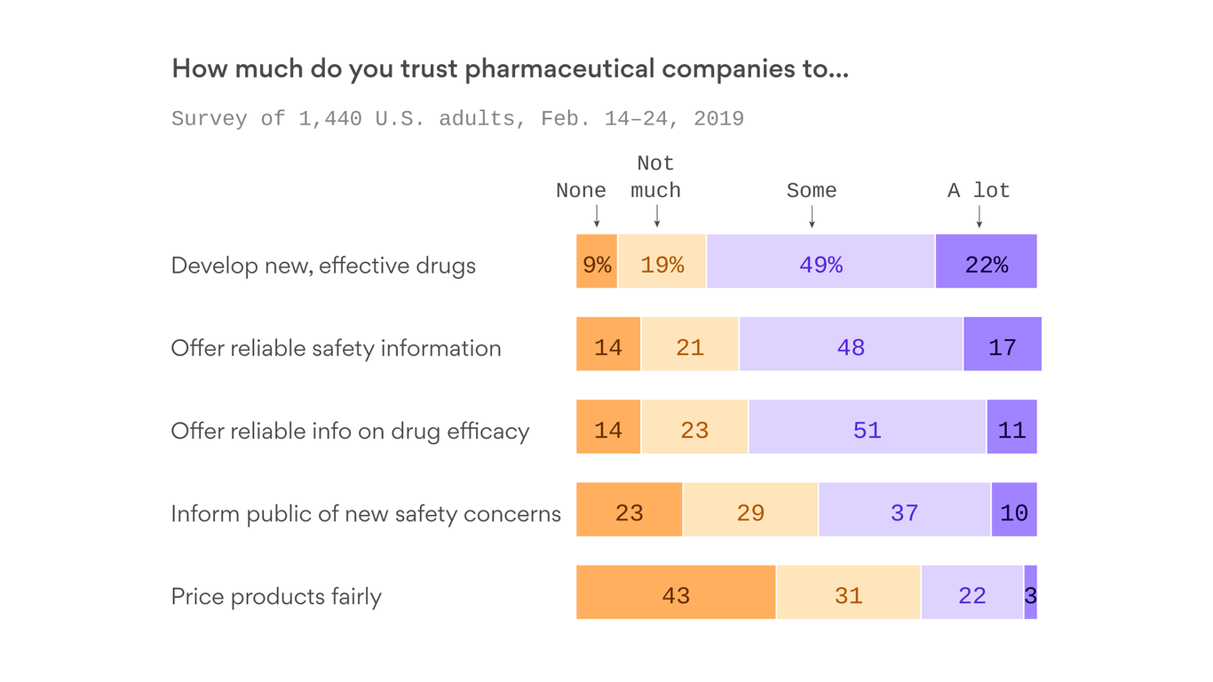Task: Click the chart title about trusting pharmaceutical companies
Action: pos(510,69)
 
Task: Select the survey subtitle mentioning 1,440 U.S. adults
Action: pos(457,119)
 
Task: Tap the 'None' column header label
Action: pos(581,191)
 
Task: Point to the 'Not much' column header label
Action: pos(655,178)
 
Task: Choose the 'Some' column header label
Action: pos(811,191)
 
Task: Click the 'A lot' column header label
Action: pos(979,191)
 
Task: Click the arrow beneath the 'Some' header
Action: pos(812,217)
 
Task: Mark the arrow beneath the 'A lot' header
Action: pos(979,217)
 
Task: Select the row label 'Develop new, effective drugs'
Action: pos(323,266)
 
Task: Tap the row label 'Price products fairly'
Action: pos(276,596)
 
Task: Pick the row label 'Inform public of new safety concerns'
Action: pos(366,513)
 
